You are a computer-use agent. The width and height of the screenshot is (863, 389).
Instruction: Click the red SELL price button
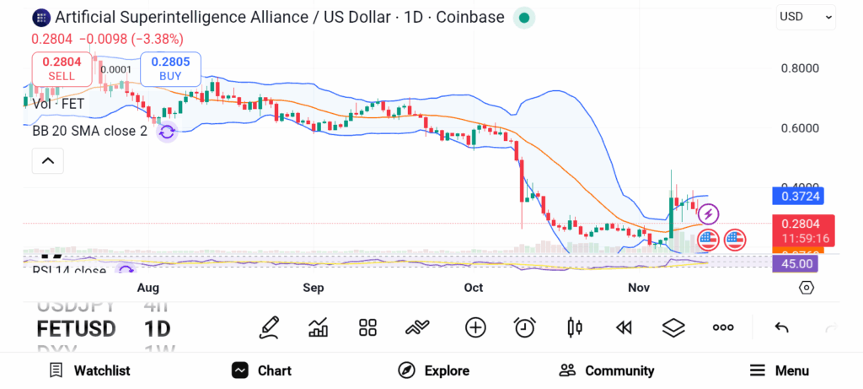point(62,68)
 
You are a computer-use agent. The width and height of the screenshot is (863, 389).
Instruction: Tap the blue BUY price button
point(170,68)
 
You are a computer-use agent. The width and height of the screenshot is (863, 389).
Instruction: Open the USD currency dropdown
point(806,16)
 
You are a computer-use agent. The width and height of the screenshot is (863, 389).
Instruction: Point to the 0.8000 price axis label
point(800,68)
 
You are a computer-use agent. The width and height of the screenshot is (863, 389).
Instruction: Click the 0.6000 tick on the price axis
point(800,128)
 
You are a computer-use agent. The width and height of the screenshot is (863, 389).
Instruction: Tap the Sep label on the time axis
point(314,288)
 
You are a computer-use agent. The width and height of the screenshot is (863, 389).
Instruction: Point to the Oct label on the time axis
point(474,288)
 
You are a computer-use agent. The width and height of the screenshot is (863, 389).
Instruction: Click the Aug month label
point(148,288)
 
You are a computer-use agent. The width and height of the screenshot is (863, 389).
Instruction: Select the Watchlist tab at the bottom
point(89,370)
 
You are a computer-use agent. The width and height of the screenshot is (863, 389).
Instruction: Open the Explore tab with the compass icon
point(434,370)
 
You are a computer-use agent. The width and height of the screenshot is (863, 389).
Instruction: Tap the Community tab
point(607,370)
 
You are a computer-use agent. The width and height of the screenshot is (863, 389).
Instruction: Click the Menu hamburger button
point(780,370)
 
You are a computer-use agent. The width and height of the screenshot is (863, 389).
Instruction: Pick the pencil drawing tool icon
point(270,327)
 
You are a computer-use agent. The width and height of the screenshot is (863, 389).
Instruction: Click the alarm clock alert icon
point(525,327)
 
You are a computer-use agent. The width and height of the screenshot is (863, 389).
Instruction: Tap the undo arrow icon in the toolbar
point(781,327)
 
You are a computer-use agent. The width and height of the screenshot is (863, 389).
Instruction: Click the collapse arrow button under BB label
point(47,160)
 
